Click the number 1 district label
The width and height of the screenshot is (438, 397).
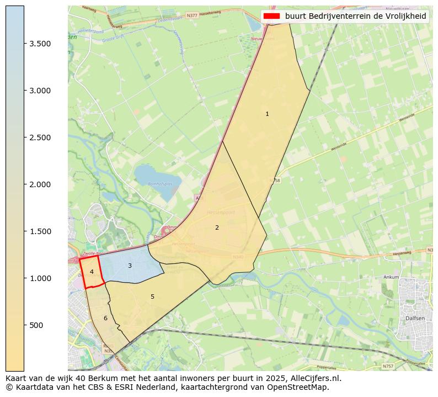(267, 114)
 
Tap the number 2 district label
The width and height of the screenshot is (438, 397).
(217, 227)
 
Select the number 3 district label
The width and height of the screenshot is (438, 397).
(130, 266)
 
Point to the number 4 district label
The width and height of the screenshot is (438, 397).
(92, 272)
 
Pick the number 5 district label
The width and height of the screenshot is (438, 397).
(152, 297)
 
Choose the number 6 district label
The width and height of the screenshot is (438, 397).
(105, 319)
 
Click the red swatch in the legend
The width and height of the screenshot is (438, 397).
(272, 16)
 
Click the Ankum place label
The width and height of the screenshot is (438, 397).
(391, 277)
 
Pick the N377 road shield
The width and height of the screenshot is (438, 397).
(192, 15)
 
